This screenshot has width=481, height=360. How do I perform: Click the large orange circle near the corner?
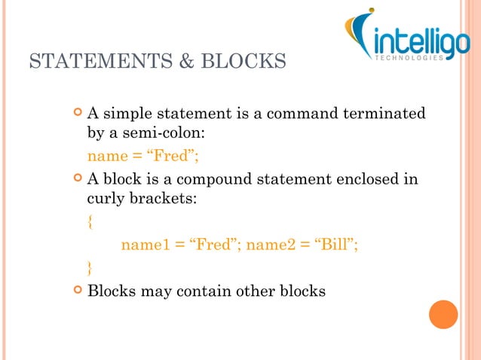coord(443,314)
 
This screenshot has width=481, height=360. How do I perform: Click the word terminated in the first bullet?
coord(384,114)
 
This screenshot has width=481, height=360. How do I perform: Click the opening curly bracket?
coord(91,222)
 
